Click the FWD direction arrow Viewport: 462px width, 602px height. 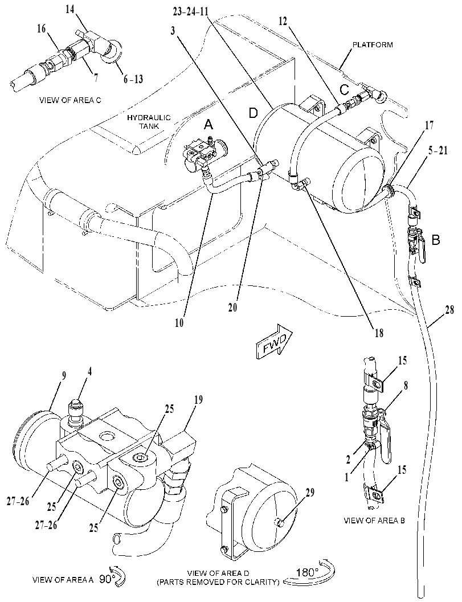coord(274,342)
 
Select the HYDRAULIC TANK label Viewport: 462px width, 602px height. coord(149,122)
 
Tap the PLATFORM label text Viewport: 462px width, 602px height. coord(373,44)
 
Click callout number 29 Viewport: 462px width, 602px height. coord(309,493)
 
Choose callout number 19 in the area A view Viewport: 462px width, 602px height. coord(199,400)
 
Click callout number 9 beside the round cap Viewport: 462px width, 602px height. coord(64,376)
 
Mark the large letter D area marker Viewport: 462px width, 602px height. coord(253,113)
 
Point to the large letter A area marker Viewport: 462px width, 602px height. coord(208,124)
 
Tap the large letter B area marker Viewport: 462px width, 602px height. coord(436,240)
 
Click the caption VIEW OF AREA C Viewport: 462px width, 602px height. coord(70,100)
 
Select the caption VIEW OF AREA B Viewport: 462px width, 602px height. coord(374,520)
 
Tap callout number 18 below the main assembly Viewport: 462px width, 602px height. coord(379,333)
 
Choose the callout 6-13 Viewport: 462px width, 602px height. coord(133,79)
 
